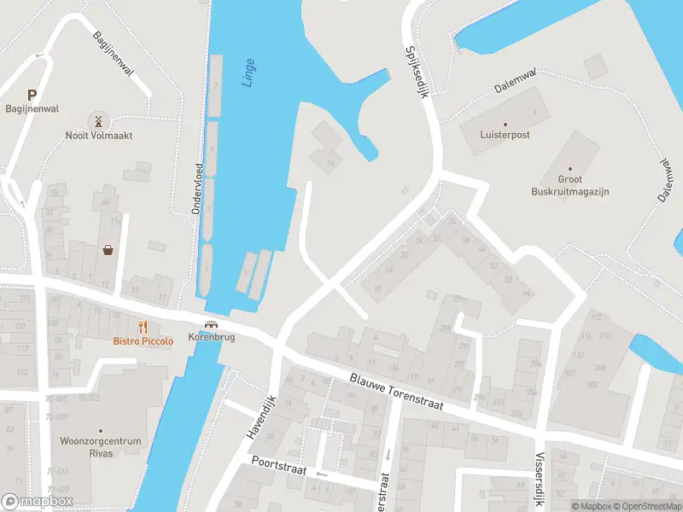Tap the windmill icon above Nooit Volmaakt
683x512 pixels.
click(99, 120)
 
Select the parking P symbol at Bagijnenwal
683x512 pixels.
click(32, 96)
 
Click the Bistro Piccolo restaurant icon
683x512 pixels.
click(143, 327)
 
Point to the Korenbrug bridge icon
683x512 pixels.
click(212, 325)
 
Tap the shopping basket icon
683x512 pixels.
click(109, 250)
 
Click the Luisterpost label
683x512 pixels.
click(504, 135)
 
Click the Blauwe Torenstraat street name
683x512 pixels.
click(396, 391)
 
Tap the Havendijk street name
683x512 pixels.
click(262, 417)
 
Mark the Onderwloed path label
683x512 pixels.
click(198, 188)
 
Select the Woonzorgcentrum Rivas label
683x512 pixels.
click(100, 447)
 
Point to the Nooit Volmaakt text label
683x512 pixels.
click(99, 136)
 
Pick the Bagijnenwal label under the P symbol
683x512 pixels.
click(32, 109)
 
